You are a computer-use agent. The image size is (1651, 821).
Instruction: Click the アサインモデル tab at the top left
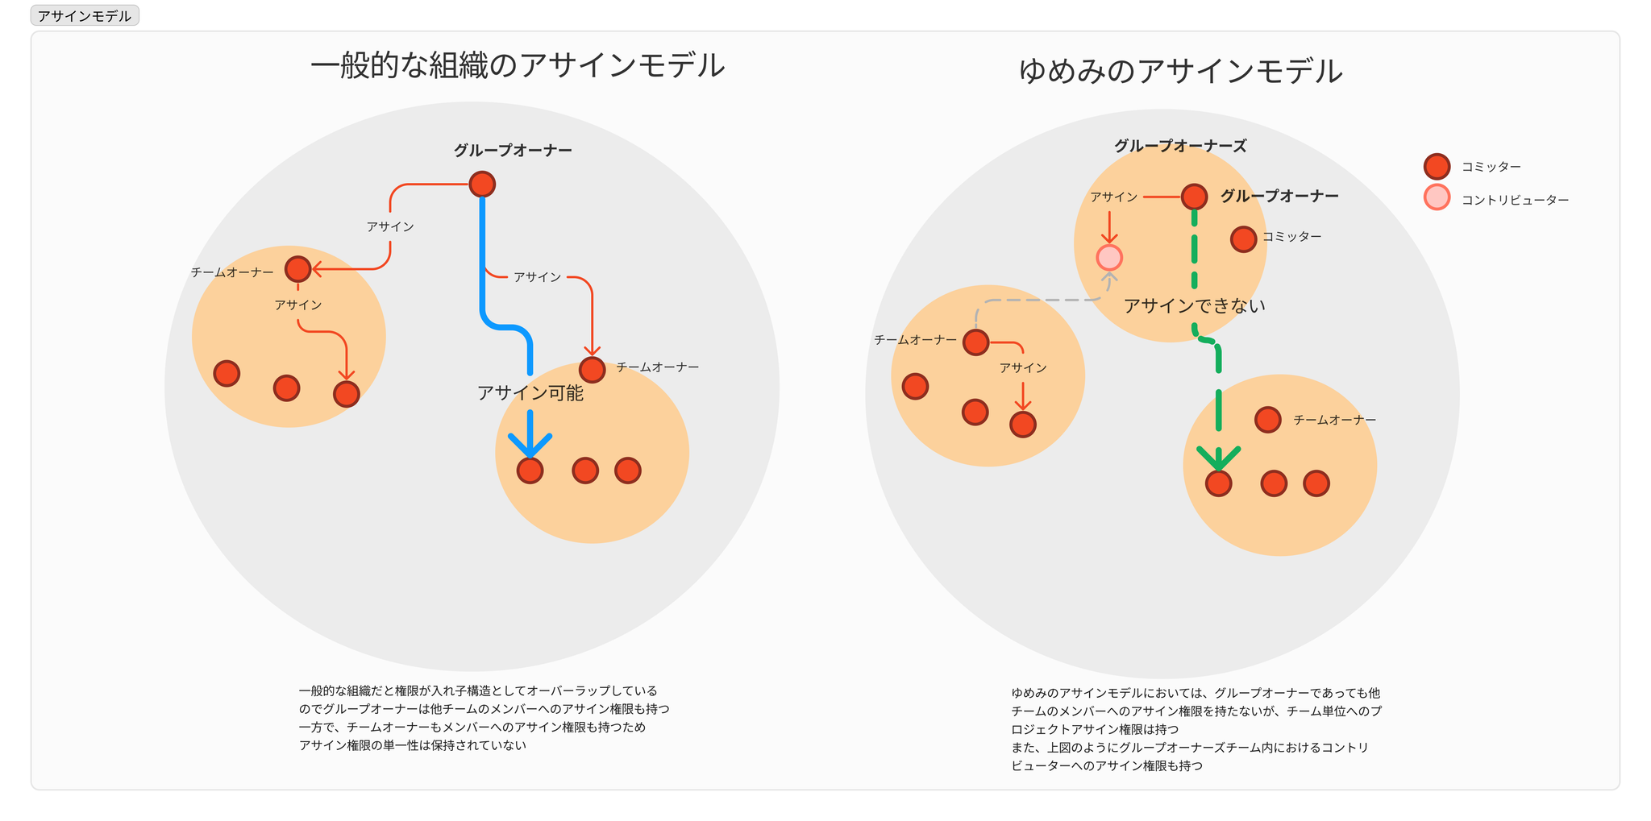84,15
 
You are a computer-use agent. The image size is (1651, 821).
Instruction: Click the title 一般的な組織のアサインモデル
517,65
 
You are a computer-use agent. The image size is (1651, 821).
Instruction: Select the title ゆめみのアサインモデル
1180,72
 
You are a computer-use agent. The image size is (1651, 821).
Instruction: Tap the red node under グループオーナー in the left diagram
482,185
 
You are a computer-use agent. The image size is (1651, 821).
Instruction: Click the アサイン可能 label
530,393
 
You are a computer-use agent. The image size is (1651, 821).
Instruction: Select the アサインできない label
1194,305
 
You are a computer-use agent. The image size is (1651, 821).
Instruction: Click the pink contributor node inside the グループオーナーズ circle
1109,257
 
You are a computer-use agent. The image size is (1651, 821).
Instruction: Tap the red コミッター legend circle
1437,167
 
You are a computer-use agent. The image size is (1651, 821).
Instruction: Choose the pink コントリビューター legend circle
1437,197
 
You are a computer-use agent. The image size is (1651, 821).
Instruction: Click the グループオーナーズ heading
1180,146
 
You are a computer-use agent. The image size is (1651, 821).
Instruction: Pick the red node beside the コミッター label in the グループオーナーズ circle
1243,238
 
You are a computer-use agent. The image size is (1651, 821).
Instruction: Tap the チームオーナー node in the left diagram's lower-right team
592,370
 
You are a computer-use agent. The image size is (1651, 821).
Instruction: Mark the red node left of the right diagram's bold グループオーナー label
1194,197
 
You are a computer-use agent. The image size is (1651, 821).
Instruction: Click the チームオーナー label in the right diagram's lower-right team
1334,420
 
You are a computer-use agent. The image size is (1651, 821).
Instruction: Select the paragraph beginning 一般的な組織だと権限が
484,718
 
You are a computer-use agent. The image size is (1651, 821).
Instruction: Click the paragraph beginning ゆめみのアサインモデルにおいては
1196,729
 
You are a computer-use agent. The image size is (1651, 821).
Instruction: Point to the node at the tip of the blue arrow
530,471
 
